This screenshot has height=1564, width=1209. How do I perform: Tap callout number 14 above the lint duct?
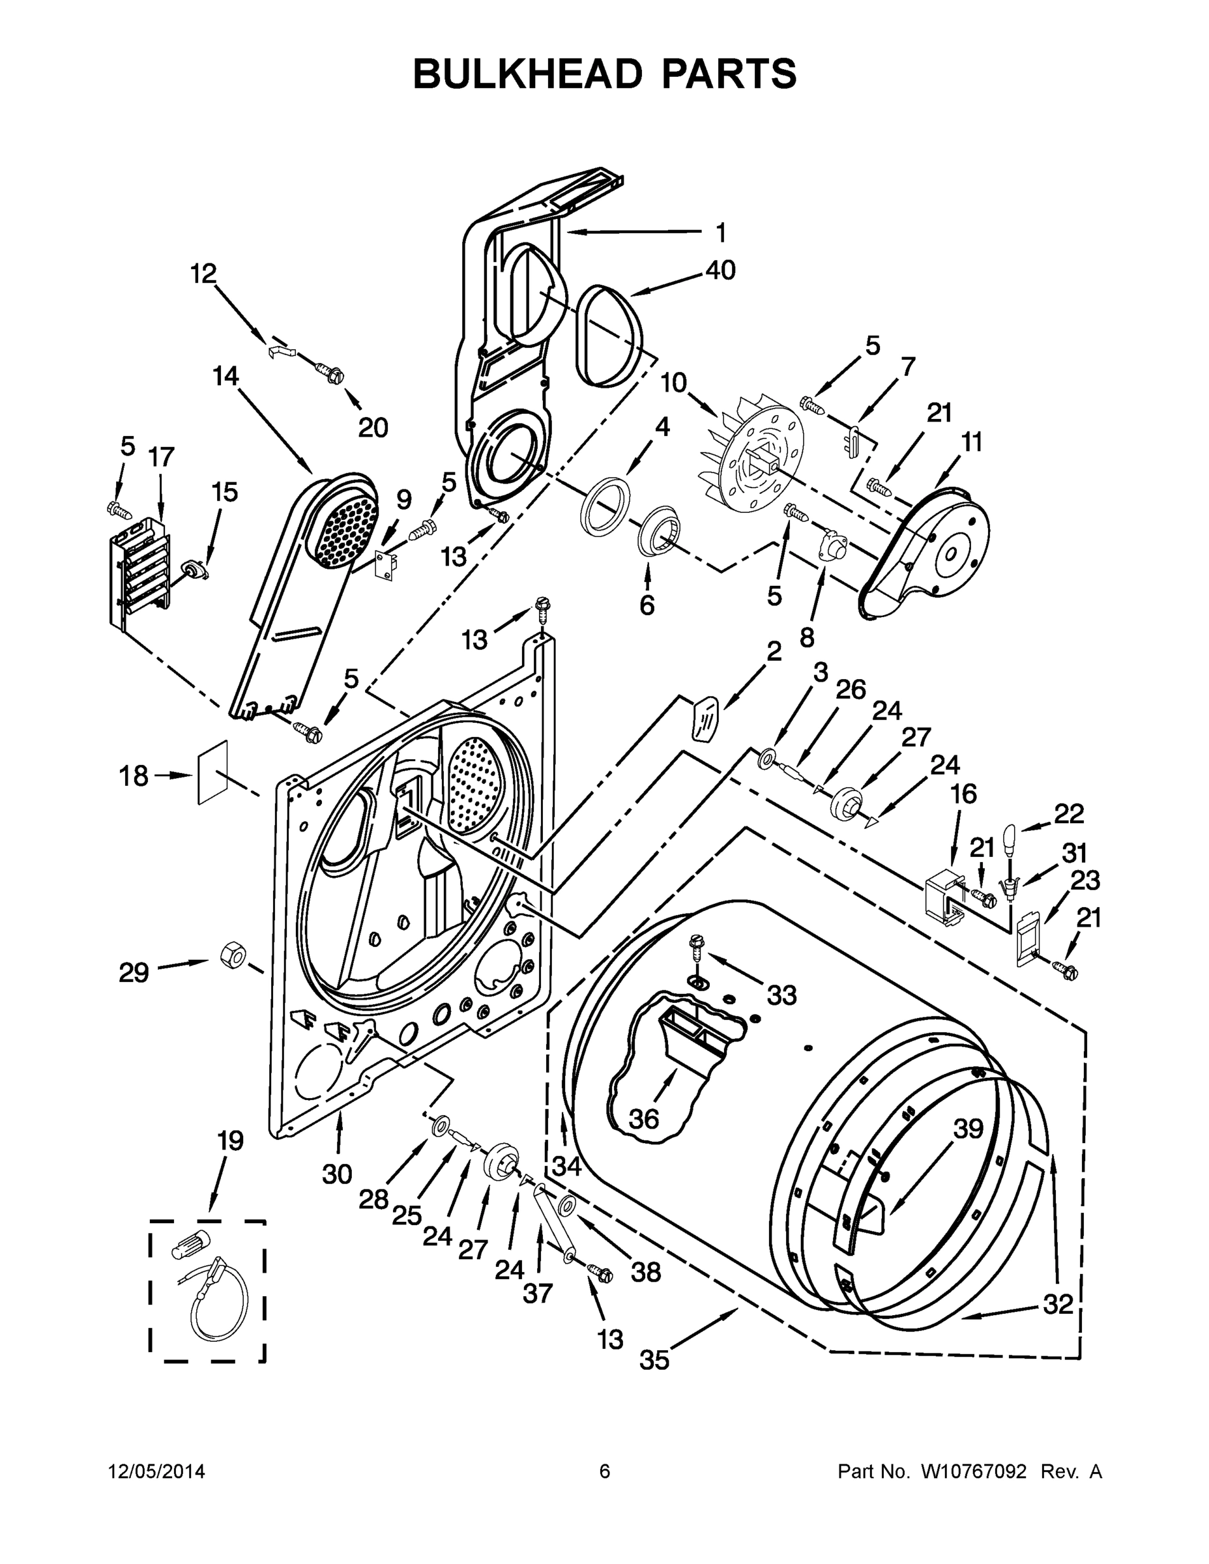pyautogui.click(x=226, y=377)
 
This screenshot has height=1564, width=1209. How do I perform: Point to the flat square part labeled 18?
pyautogui.click(x=212, y=773)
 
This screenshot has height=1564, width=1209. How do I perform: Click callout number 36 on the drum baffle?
pyautogui.click(x=643, y=1118)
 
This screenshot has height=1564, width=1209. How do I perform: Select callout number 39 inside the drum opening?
pyautogui.click(x=969, y=1129)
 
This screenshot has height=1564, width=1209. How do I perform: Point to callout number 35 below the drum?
pyautogui.click(x=654, y=1360)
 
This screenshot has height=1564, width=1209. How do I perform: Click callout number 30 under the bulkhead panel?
pyautogui.click(x=336, y=1174)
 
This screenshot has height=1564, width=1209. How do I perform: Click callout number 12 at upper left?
pyautogui.click(x=203, y=274)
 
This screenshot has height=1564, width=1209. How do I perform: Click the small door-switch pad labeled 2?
pyautogui.click(x=703, y=717)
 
